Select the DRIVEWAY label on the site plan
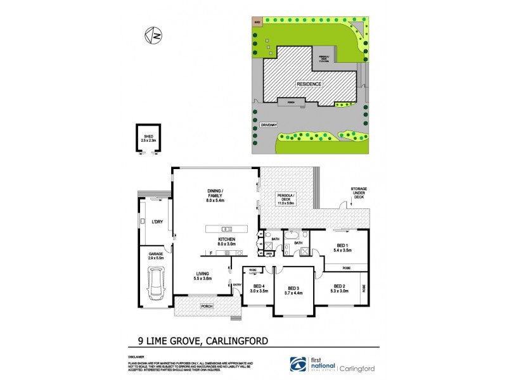269,125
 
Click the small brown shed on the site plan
257,21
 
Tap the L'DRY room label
157,222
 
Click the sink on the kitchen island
224,229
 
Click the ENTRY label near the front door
237,284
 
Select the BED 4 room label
259,288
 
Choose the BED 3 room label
293,291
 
